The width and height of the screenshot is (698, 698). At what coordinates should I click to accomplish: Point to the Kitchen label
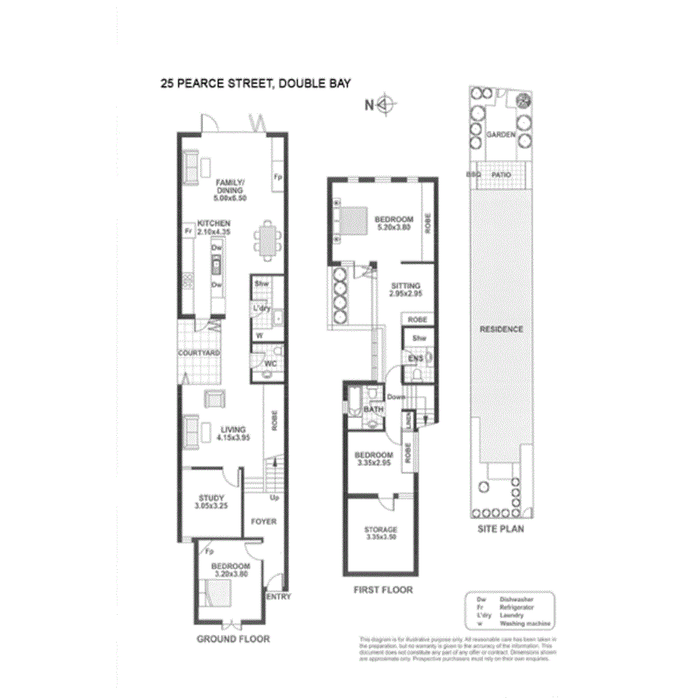pos(213,228)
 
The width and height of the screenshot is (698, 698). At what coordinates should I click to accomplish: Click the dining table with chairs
pos(268,240)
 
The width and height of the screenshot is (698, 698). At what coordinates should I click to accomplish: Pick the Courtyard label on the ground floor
pos(198,352)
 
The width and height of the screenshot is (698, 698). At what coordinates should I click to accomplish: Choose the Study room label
pos(211,501)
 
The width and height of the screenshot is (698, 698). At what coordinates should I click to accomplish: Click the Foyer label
pos(263,521)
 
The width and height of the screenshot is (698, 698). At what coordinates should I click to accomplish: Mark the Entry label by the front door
pos(278,597)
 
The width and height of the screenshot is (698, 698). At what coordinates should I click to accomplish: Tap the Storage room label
pos(381,533)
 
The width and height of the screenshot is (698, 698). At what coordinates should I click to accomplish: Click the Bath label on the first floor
pos(373,410)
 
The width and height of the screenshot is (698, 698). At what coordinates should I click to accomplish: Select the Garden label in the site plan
pos(500,134)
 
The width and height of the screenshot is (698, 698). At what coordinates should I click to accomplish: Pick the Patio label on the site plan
pos(501,174)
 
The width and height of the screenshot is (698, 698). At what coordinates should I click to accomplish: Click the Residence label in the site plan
pos(502,329)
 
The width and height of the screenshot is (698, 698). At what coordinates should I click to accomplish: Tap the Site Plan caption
pos(501,528)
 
